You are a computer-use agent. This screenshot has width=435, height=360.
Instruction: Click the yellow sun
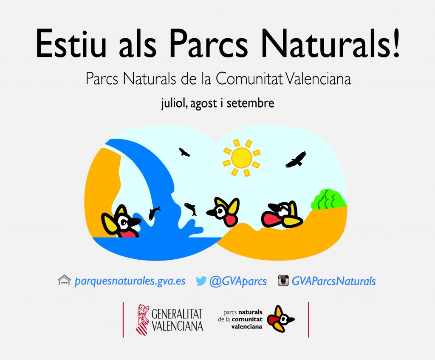242,157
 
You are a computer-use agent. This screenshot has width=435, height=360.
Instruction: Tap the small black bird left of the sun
184,152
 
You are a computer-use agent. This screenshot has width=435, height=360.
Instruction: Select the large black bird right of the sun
296,159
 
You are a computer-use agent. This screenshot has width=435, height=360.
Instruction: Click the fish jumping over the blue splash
191,209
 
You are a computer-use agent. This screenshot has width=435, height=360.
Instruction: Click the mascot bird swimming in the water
121,222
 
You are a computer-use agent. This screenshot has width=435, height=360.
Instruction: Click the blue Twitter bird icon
201,281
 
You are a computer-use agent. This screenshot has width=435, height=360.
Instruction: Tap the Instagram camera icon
283,281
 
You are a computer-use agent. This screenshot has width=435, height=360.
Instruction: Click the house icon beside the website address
64,280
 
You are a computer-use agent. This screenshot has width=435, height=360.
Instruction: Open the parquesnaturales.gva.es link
130,281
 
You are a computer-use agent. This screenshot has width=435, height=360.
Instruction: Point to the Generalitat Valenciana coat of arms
143,319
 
